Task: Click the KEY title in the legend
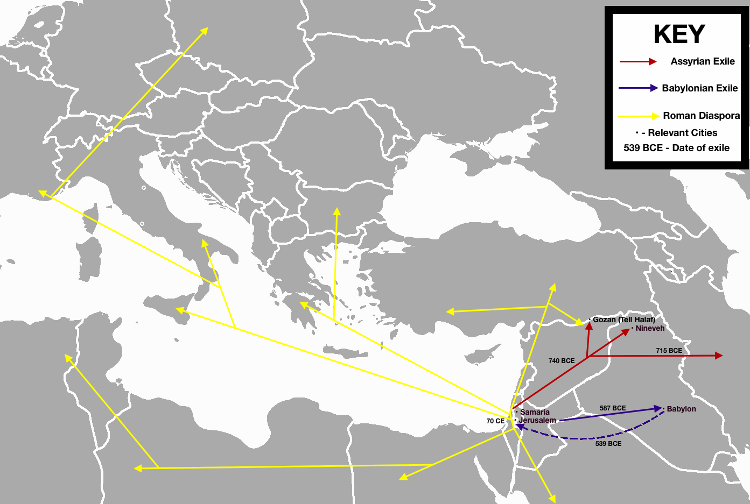pyautogui.click(x=679, y=34)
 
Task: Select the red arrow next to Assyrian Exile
pyautogui.click(x=638, y=62)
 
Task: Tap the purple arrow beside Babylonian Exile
pyautogui.click(x=638, y=88)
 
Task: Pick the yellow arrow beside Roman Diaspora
pyautogui.click(x=639, y=116)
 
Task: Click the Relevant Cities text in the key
pyautogui.click(x=682, y=133)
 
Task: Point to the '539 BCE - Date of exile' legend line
pyautogui.click(x=676, y=148)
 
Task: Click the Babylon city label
pyautogui.click(x=681, y=409)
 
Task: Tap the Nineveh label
pyautogui.click(x=650, y=328)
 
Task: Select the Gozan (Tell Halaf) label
pyautogui.click(x=623, y=320)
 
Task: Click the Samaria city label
pyautogui.click(x=535, y=412)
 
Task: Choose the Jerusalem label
pyautogui.click(x=537, y=420)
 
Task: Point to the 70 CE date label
pyautogui.click(x=495, y=421)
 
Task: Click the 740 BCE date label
pyautogui.click(x=562, y=361)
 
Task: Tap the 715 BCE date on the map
pyautogui.click(x=669, y=351)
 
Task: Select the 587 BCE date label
pyautogui.click(x=613, y=408)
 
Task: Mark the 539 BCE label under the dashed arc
pyautogui.click(x=608, y=444)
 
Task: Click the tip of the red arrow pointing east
pyautogui.click(x=720, y=356)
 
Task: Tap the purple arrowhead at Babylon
pyautogui.click(x=659, y=409)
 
